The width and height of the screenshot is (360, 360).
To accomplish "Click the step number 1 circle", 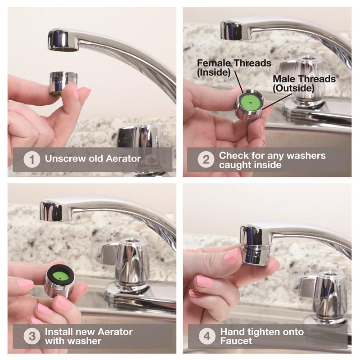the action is click(x=32, y=159).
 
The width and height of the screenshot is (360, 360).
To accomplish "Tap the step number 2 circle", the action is click(x=206, y=159).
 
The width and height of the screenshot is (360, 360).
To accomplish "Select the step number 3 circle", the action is click(x=32, y=336).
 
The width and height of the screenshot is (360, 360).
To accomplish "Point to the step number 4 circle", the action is click(x=207, y=336).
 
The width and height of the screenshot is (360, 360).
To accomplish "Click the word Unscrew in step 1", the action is click(x=63, y=159).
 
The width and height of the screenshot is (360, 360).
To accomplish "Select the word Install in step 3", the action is click(x=59, y=332).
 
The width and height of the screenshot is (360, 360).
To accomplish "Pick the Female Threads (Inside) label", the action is click(x=234, y=68).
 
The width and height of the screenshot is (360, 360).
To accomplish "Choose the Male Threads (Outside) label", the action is click(x=304, y=84).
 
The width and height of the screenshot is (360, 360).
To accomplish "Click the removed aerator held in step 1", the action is click(x=63, y=83).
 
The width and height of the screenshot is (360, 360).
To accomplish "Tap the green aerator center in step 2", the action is click(x=250, y=103).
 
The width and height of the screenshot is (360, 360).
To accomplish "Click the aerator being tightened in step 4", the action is click(x=255, y=255).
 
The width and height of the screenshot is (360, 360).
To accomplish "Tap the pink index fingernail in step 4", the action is click(x=232, y=256).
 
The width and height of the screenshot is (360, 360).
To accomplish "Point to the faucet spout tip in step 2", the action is click(x=231, y=31).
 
